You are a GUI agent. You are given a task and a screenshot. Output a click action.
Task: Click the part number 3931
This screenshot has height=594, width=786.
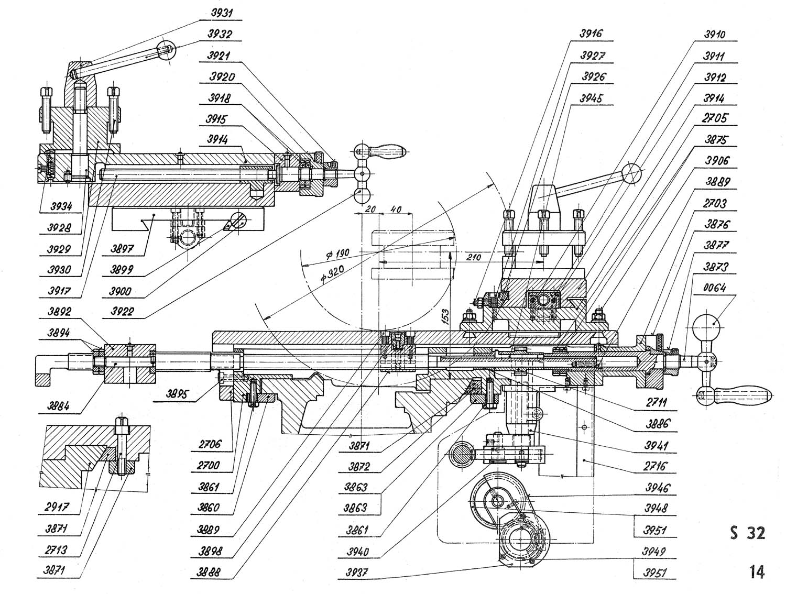click(222, 13)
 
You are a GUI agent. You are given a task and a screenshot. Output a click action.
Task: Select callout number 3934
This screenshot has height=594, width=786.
click(61, 206)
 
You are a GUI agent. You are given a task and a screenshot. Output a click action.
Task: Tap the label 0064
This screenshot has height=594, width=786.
click(714, 288)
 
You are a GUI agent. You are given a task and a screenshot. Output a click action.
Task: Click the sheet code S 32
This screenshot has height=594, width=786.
click(747, 534)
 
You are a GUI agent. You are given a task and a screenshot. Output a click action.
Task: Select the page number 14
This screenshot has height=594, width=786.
click(757, 572)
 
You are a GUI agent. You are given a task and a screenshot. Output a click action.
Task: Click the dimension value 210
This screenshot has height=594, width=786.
click(474, 257)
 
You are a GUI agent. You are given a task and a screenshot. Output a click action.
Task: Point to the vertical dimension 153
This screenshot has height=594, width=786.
click(445, 316)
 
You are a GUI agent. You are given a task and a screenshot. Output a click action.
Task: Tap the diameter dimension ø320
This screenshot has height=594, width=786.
click(332, 274)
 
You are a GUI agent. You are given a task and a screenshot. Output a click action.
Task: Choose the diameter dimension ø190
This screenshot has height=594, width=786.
click(337, 255)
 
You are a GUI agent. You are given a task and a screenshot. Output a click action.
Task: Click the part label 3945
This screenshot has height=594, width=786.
click(592, 98)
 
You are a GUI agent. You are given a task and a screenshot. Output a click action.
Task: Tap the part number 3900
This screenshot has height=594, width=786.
click(121, 291)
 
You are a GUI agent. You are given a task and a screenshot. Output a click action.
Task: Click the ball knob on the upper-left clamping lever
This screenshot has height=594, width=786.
click(167, 50)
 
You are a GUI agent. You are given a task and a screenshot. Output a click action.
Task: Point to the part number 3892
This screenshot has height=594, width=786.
click(59, 311)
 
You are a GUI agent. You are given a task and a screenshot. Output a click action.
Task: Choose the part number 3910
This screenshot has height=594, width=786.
click(714, 35)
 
